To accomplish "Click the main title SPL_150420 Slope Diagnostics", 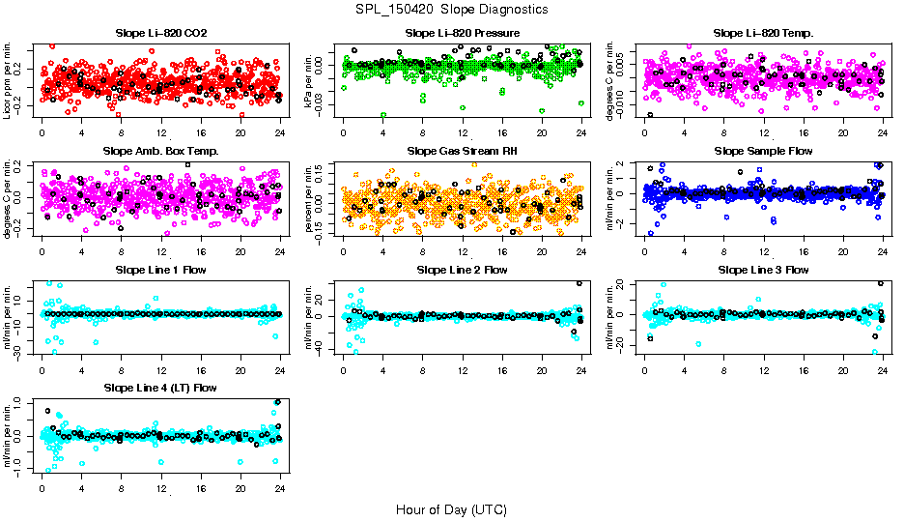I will (x=451, y=10).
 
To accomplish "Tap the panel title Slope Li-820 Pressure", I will (x=463, y=34).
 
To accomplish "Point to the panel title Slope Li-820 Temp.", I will (x=763, y=34).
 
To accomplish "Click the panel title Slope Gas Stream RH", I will (x=463, y=152).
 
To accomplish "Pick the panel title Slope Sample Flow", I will (x=763, y=152).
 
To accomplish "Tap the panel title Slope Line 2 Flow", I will (x=463, y=270).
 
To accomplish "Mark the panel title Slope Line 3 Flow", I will (x=763, y=270).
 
